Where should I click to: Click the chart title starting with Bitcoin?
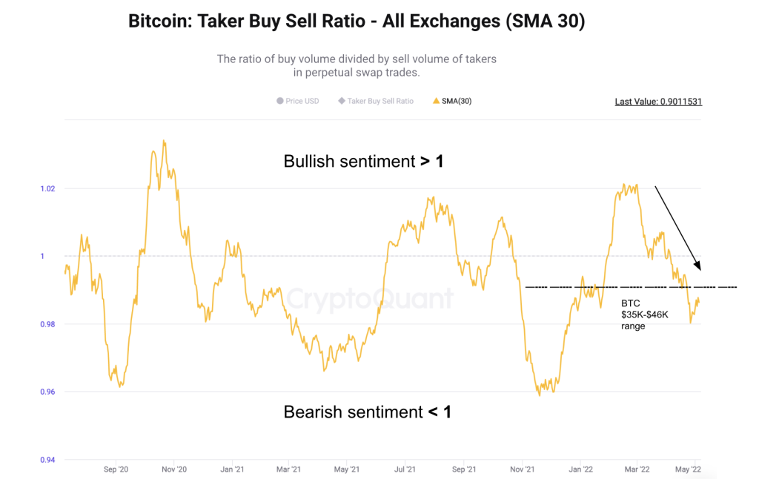357,22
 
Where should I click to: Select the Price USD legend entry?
297,101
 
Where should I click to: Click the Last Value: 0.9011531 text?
658,102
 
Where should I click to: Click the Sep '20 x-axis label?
116,469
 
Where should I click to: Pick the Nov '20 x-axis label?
173,469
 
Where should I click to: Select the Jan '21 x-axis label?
233,469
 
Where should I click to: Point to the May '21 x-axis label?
347,469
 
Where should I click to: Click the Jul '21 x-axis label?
405,469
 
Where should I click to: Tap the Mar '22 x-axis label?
637,469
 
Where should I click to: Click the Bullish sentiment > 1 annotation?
363,161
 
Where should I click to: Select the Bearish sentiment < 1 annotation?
367,412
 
